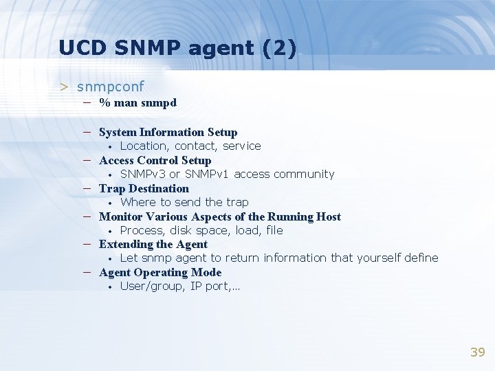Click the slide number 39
click(x=477, y=352)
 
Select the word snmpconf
click(x=111, y=87)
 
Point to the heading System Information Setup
click(x=168, y=132)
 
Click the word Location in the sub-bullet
click(x=144, y=146)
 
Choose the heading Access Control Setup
click(x=155, y=160)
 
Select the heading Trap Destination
click(x=144, y=188)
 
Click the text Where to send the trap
click(x=184, y=202)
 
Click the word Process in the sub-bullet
click(x=141, y=230)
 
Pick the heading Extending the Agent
click(x=153, y=244)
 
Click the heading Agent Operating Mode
click(x=159, y=272)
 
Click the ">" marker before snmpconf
click(x=64, y=87)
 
